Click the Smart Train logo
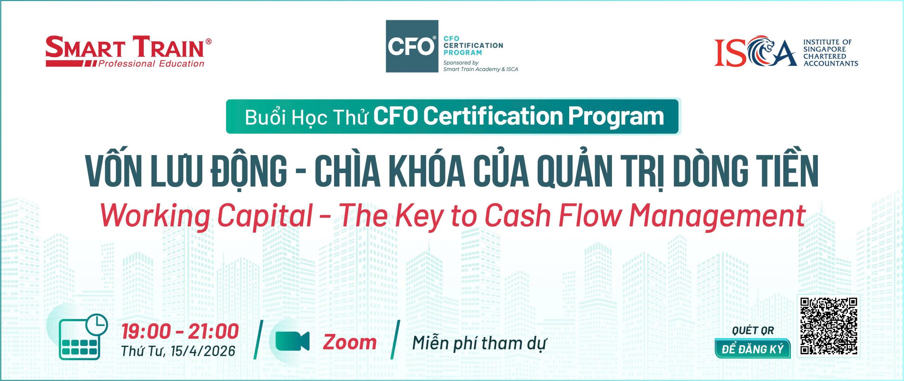click(x=129, y=51)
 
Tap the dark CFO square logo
click(x=412, y=46)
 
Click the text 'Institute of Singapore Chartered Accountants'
click(x=831, y=53)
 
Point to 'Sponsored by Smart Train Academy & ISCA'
click(x=481, y=66)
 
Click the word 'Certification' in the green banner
click(x=493, y=116)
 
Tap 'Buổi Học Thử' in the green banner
click(x=307, y=117)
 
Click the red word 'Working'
click(x=155, y=216)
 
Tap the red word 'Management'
click(x=717, y=216)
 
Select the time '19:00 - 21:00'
click(x=180, y=331)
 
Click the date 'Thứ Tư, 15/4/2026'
click(x=178, y=351)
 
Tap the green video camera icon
click(x=292, y=341)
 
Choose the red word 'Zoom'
click(x=350, y=342)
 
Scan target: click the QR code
click(x=828, y=326)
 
